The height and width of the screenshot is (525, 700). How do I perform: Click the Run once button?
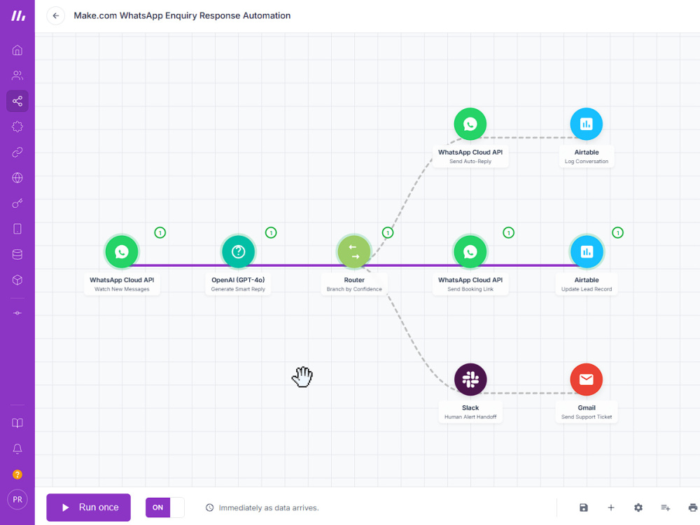click(x=88, y=507)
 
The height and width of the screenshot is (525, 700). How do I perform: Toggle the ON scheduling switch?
click(x=164, y=507)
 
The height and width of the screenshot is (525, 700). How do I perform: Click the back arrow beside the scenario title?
click(x=56, y=15)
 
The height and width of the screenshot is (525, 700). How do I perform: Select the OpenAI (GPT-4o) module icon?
click(x=238, y=252)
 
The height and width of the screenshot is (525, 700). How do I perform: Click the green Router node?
click(x=354, y=252)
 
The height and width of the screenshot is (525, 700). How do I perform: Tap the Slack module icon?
click(x=470, y=379)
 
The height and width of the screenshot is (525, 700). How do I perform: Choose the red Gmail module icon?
click(x=586, y=379)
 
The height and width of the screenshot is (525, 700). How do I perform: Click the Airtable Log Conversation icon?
click(x=586, y=124)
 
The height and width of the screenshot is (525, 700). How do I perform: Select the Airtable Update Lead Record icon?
click(x=586, y=252)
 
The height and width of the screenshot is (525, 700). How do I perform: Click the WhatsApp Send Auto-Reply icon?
click(x=470, y=124)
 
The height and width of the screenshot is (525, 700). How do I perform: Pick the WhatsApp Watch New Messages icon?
click(x=122, y=252)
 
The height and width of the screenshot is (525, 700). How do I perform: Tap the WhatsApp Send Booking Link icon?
click(x=470, y=252)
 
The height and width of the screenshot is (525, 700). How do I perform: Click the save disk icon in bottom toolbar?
click(x=584, y=507)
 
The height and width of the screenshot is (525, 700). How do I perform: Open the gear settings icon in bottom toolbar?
click(x=638, y=507)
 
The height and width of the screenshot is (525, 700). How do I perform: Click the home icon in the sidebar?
click(x=17, y=50)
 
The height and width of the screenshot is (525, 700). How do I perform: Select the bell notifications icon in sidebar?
click(x=17, y=449)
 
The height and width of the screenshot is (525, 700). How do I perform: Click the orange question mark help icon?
click(x=17, y=474)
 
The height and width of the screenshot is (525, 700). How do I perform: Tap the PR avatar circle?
click(x=17, y=500)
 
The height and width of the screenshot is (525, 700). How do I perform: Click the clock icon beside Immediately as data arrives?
click(x=209, y=507)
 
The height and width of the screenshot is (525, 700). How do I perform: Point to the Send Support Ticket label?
click(x=586, y=417)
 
